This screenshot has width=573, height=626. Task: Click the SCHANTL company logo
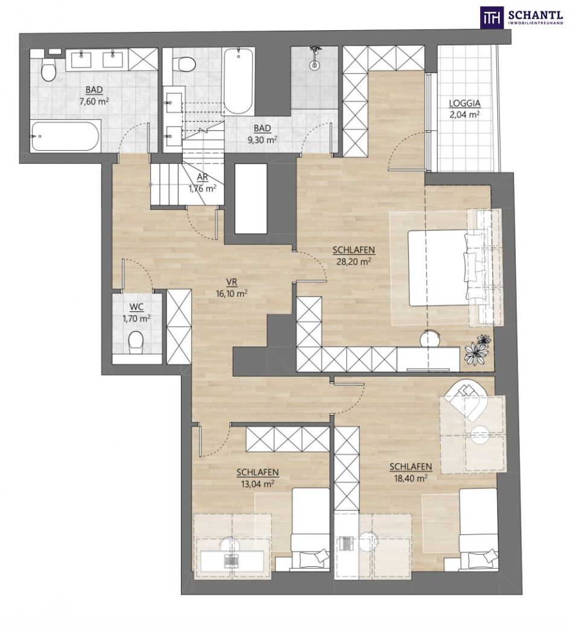(x=522, y=17)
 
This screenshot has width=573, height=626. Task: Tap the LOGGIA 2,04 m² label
(x=464, y=109)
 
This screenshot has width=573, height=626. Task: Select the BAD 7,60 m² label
(x=94, y=96)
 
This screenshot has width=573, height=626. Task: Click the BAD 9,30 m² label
(x=262, y=134)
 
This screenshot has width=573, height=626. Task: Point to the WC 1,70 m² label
(x=136, y=312)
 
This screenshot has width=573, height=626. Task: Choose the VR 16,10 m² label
(x=232, y=288)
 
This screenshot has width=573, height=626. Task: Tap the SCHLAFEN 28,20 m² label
(x=353, y=256)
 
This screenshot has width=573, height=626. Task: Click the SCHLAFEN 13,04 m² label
(x=258, y=478)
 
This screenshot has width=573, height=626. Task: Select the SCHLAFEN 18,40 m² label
(x=411, y=472)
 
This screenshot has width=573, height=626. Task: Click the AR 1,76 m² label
(x=203, y=183)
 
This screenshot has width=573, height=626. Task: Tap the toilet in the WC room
(x=136, y=342)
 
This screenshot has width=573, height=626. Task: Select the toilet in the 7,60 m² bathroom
(x=48, y=71)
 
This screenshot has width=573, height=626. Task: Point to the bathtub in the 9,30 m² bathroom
(x=238, y=81)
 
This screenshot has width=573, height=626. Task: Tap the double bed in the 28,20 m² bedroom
(x=447, y=268)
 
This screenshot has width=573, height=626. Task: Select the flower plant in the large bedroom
(x=478, y=349)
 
